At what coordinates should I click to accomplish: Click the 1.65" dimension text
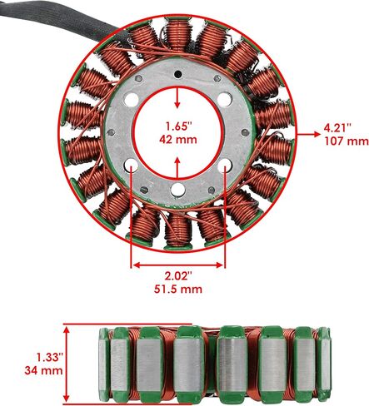tap(179, 126)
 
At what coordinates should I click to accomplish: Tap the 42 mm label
tap(178, 139)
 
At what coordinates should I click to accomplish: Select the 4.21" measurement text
tap(337, 128)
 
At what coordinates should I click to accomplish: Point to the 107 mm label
tap(347, 141)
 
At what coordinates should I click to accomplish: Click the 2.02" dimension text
tap(178, 276)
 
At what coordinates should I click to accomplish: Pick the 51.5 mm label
tap(178, 290)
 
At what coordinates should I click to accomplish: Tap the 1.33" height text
tap(50, 357)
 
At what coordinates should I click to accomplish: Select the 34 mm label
tap(43, 370)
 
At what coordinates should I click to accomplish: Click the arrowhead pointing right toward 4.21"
tap(317, 134)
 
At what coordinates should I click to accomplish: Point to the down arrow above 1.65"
tap(177, 98)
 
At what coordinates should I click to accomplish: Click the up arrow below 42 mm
tap(177, 168)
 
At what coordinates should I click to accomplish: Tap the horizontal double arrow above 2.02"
tap(178, 265)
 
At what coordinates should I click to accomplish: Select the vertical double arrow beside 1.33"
tap(67, 364)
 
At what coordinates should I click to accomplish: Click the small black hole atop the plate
tap(177, 74)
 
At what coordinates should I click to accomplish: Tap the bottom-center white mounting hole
tap(177, 190)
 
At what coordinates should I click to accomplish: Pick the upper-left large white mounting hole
tap(132, 100)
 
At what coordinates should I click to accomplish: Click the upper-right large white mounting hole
tap(224, 100)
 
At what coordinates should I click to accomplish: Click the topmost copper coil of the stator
tap(177, 35)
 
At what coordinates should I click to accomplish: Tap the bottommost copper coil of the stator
tap(177, 230)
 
